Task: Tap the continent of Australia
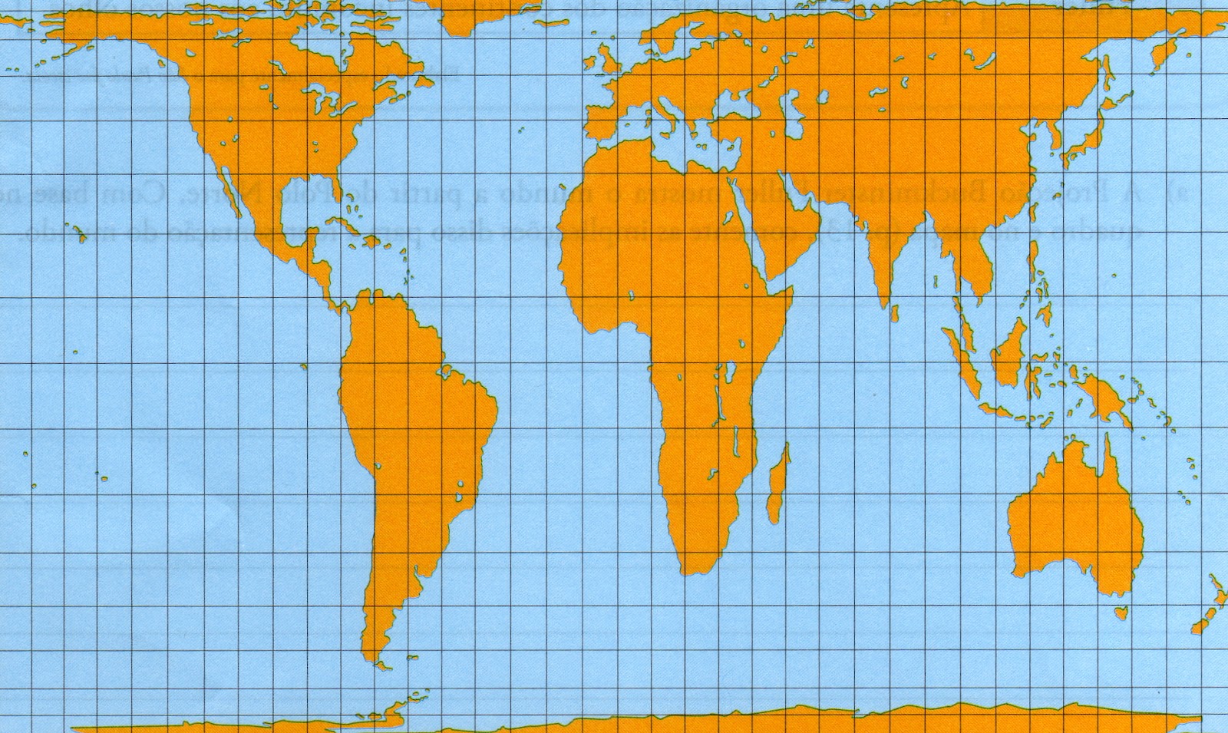(x=1074, y=522)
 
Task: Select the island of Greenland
(x=491, y=15)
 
